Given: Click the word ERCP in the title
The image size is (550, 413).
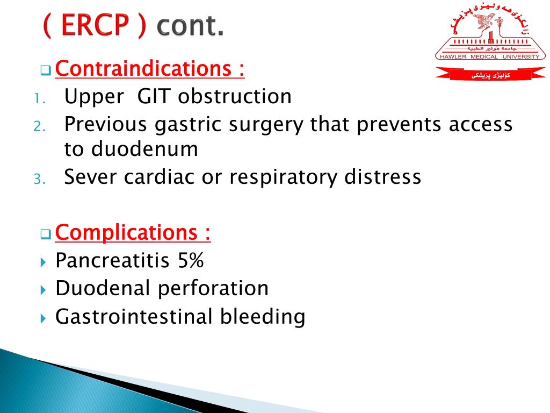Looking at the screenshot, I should tap(95, 25).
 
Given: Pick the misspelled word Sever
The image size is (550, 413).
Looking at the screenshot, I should tap(91, 176).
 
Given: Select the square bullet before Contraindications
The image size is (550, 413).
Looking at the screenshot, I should tap(45, 71).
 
